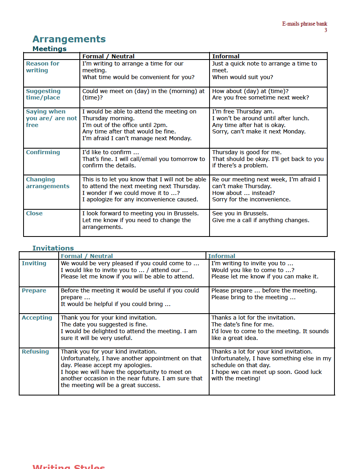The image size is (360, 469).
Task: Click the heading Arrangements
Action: click(x=69, y=39)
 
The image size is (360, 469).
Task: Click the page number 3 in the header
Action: click(x=326, y=30)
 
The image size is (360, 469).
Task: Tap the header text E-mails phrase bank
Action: click(x=305, y=24)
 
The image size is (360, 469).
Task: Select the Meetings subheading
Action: click(x=49, y=49)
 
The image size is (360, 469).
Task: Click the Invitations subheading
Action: click(x=53, y=248)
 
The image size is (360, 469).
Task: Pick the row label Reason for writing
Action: click(x=42, y=67)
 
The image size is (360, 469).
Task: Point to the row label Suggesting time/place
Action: click(x=43, y=94)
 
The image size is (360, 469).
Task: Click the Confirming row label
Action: click(x=43, y=152)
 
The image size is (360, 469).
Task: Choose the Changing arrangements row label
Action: click(x=47, y=183)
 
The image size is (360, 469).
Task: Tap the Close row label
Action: click(x=34, y=213)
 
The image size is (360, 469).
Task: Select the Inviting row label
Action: click(x=34, y=263)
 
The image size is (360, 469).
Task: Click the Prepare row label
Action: click(x=34, y=290)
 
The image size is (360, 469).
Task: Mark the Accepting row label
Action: click(x=37, y=318)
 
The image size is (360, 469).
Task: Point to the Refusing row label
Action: click(x=35, y=352)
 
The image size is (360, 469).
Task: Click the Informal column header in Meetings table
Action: click(x=225, y=56)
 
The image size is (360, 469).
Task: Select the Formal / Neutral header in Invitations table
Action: click(x=87, y=256)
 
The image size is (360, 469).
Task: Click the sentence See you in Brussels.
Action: click(x=240, y=213)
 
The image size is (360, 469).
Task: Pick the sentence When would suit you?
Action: click(x=242, y=77)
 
